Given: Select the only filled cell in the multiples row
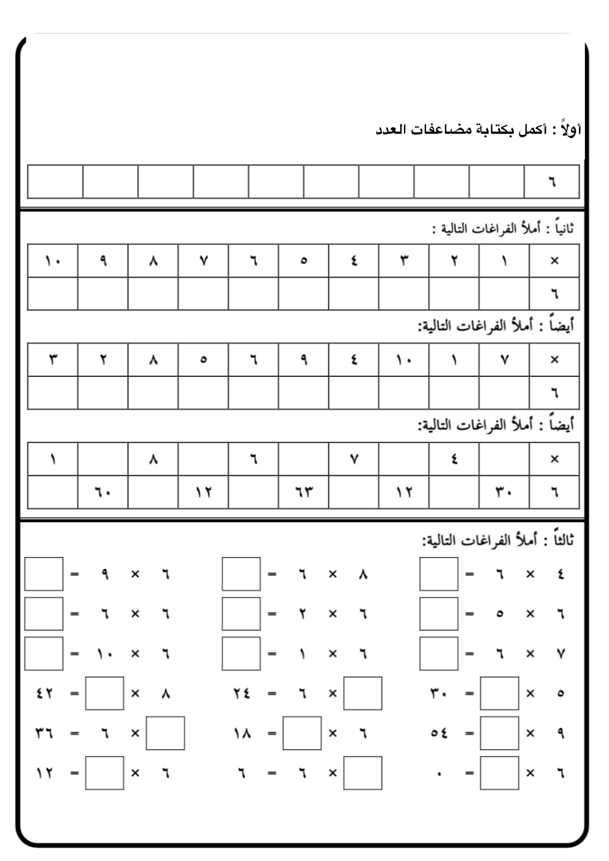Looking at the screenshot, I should click(x=551, y=182).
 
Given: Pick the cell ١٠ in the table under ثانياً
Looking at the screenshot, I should click(x=53, y=261).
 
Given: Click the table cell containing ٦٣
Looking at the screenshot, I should click(x=303, y=492).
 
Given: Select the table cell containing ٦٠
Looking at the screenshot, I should click(x=103, y=492).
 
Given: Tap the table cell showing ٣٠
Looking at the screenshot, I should click(x=504, y=492).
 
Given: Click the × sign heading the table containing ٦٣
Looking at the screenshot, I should click(x=554, y=459).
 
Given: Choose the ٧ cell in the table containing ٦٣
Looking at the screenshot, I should click(x=354, y=459).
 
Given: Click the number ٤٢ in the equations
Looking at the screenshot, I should click(x=44, y=693).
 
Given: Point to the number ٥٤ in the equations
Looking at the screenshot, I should click(x=439, y=733).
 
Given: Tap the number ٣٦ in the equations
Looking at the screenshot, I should click(x=44, y=733).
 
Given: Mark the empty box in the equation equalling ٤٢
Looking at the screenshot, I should click(x=104, y=693).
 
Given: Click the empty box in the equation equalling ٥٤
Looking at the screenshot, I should click(x=499, y=733).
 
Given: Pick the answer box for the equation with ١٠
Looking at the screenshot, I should click(x=44, y=654).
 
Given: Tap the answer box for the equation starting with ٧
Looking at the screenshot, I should click(x=438, y=654).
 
